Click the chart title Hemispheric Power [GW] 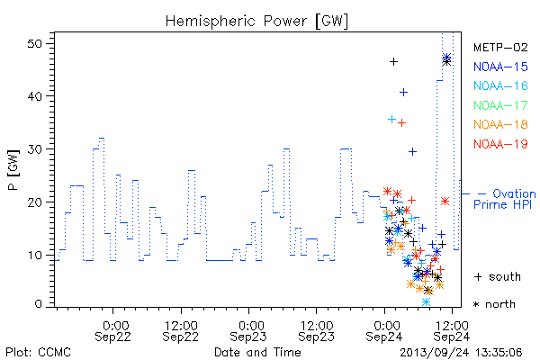tap(256, 21)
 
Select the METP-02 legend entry tap(500, 47)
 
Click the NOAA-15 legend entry tap(500, 67)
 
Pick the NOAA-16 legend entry tap(500, 85)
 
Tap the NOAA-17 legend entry tap(500, 105)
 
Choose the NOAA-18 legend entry tap(500, 124)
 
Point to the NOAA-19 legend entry tap(500, 144)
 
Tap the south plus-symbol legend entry tap(498, 276)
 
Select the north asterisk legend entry tap(494, 304)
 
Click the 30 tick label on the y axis tap(35, 149)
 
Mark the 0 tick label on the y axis tap(38, 304)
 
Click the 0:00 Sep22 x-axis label tap(113, 331)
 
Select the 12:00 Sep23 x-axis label tap(316, 331)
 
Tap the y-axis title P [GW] tap(13, 170)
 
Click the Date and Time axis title tap(257, 353)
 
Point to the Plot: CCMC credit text tap(38, 353)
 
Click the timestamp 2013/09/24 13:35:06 tap(461, 353)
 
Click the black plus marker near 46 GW tap(393, 62)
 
